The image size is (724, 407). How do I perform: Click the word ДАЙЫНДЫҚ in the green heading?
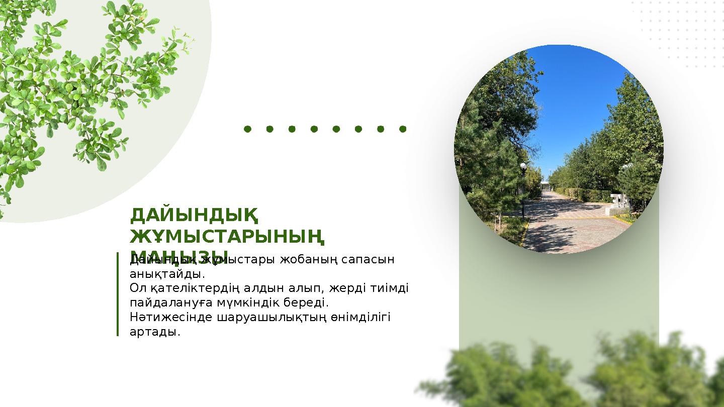pos(194,216)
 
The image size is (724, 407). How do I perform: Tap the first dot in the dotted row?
pos(247,129)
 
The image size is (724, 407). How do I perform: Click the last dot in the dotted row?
pos(402,129)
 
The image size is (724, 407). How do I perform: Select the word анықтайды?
pos(167,274)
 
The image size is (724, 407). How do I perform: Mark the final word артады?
pos(154,332)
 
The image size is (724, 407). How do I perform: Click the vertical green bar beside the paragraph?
pos(118,294)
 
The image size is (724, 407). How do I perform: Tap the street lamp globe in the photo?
pos(523,166)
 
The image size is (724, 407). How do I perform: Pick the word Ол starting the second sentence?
pos(137,288)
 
